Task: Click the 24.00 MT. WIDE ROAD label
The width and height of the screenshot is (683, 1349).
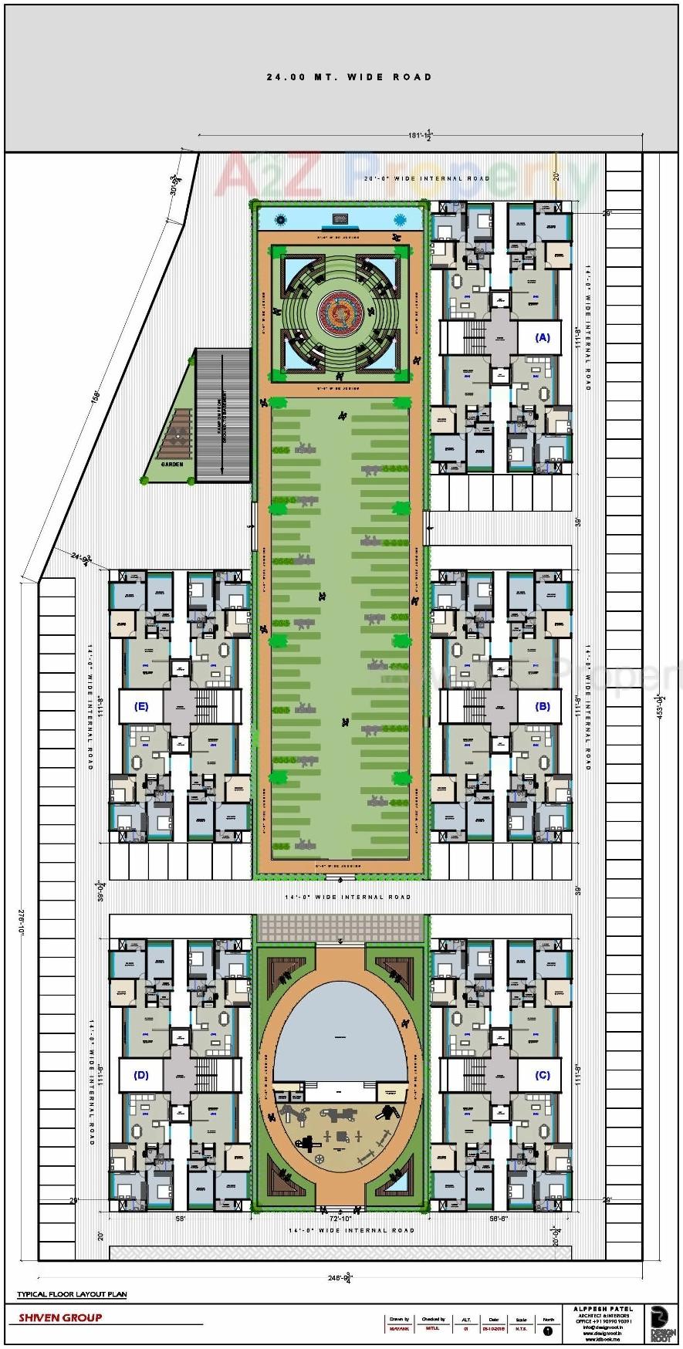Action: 349,77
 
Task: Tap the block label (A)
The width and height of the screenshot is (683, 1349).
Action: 543,337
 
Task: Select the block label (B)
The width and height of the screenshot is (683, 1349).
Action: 543,706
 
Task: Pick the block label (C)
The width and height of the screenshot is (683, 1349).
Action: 543,1075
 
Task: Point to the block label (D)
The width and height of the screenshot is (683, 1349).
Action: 140,1075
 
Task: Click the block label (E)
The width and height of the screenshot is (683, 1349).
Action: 140,706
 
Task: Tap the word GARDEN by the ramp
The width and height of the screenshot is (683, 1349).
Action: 172,465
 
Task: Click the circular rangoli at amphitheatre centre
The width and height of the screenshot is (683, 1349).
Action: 340,310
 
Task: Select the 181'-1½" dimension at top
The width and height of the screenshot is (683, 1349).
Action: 419,135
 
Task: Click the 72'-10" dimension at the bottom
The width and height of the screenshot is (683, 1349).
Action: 340,1217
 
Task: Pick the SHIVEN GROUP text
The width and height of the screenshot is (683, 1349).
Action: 60,1318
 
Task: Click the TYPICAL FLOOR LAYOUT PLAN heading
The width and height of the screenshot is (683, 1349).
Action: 72,1294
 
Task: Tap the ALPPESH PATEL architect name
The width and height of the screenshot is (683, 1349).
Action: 603,1309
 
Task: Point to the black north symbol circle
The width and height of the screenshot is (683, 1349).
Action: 548,1330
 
